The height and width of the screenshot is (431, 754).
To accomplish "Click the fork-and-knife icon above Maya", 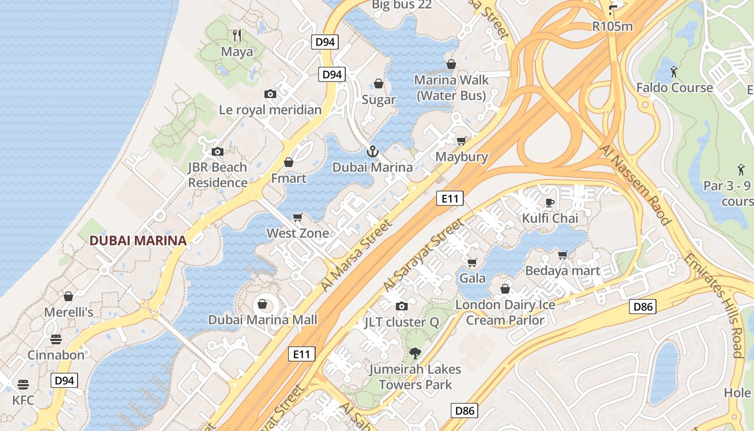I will coord(237,36).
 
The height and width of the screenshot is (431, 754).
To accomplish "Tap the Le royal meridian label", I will coord(270,110).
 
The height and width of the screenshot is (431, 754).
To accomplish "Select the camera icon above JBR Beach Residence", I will coord(218,151).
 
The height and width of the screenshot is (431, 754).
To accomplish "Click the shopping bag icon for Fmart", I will coord(289,162).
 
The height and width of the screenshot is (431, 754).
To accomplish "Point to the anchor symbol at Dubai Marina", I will coord(373,151).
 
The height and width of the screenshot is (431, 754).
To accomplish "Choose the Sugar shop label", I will coord(379,100).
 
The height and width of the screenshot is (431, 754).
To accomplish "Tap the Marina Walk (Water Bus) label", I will coord(451,88).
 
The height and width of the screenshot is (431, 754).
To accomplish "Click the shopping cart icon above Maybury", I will coord(462,141).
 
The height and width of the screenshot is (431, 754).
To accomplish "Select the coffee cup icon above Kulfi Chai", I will coord(549,203).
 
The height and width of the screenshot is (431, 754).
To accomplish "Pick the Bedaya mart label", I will coord(562,270).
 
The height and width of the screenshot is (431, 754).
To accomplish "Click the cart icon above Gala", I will coord(472,262).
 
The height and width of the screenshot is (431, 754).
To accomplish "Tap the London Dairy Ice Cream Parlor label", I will coord(505,312).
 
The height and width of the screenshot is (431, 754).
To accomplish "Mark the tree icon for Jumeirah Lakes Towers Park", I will coord(415,353).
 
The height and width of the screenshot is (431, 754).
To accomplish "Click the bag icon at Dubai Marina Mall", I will coord(262,304).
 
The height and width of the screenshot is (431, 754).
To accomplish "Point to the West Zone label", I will coord(298,233).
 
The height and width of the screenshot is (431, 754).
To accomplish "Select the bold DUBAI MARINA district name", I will coord(138,241).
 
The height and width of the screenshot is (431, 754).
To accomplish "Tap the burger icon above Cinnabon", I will coord(56,339).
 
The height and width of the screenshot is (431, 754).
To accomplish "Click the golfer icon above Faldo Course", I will coord(674,71).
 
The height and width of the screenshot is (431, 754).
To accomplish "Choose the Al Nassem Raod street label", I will coord(636,185).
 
